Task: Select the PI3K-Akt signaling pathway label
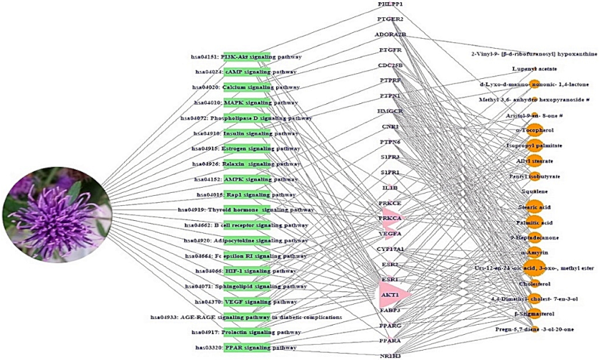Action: pos(246,56)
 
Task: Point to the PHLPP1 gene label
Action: pos(390,4)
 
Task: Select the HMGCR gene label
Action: pos(390,111)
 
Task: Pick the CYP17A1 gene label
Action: pos(390,249)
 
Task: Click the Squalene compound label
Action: pos(534,191)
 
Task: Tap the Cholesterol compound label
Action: pos(534,283)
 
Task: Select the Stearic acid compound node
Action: pos(534,207)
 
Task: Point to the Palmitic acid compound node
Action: pos(534,222)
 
